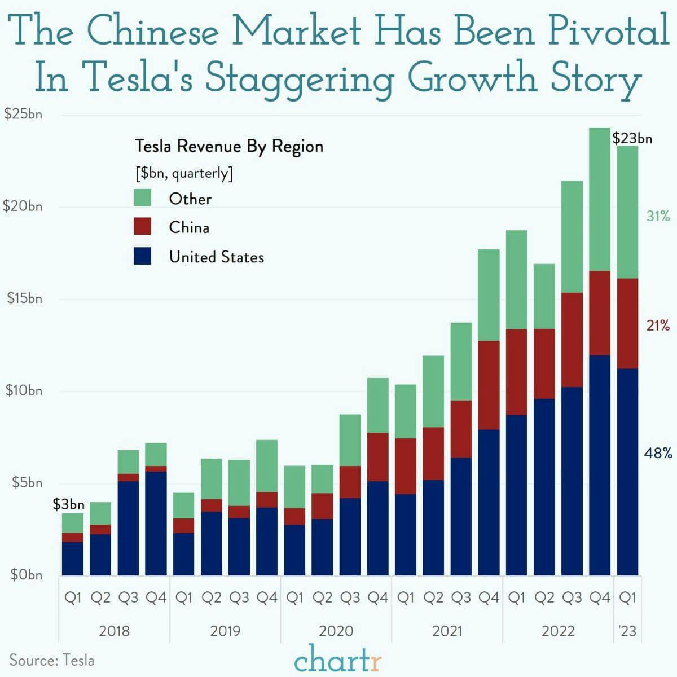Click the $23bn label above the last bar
(632, 138)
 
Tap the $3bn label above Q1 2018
(68, 504)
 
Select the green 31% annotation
(658, 216)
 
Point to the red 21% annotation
(658, 326)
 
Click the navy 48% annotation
(658, 452)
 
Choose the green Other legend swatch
(143, 198)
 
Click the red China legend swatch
(143, 227)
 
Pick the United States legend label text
(217, 257)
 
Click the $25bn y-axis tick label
(23, 115)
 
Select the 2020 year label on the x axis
(336, 630)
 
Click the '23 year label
(627, 630)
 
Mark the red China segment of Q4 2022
(600, 313)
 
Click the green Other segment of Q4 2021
(489, 294)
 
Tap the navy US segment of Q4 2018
(156, 523)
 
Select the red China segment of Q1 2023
(627, 323)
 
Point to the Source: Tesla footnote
(52, 660)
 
